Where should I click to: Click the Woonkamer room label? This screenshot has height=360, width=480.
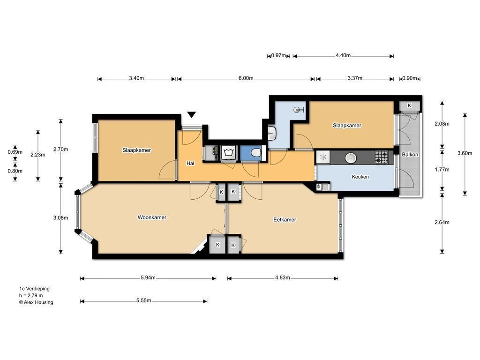152,217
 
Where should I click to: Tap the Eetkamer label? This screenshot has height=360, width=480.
285,219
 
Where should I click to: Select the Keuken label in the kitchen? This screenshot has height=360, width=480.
360,177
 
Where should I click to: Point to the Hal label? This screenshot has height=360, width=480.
190,163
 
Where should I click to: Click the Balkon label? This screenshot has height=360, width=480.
410,155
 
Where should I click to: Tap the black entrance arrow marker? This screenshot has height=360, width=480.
192,115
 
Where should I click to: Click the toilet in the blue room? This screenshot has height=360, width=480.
256,152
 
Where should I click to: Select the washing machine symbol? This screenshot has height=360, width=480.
228,153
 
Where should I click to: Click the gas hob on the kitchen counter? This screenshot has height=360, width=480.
382,157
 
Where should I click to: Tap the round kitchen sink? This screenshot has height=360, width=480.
351,157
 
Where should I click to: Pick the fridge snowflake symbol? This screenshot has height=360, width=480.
323,157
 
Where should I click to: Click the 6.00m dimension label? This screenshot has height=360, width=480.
246,78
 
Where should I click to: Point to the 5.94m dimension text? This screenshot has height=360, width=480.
148,277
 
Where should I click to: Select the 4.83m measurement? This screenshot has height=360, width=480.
282,277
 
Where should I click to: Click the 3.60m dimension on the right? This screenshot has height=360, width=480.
465,153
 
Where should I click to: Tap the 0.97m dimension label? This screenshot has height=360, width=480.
278,55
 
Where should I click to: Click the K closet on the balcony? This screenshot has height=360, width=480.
409,105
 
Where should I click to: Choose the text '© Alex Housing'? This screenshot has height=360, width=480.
36,302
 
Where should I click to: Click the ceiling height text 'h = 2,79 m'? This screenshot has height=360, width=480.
31,295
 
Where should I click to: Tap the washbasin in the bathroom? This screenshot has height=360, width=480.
272,133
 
